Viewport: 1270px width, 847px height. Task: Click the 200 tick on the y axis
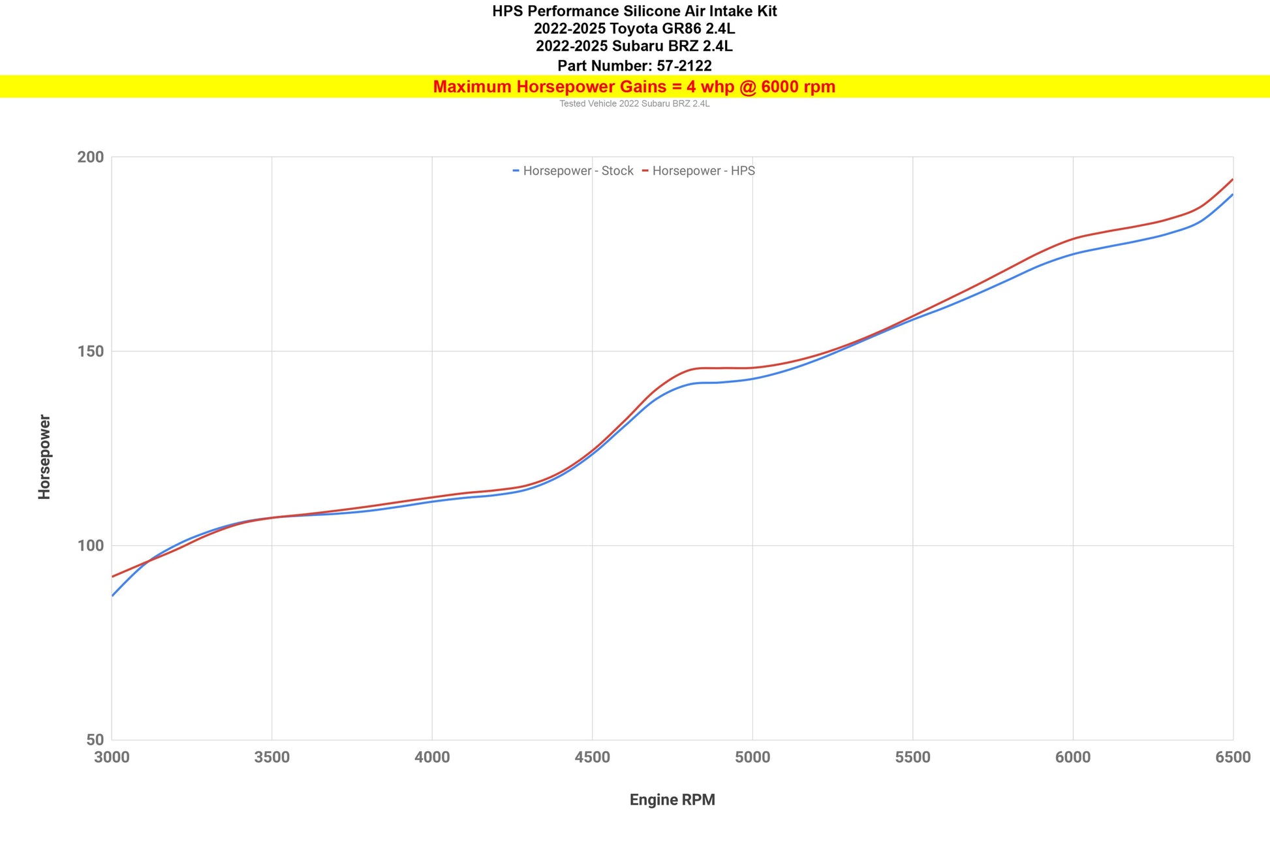[x=90, y=157]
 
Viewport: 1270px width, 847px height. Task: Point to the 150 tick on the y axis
[x=90, y=351]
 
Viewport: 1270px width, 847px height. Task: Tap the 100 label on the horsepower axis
[x=90, y=546]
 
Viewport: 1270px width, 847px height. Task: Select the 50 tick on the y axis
[x=95, y=740]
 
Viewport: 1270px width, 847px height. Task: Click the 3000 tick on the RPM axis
[x=112, y=758]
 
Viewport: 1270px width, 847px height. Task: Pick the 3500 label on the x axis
[x=271, y=758]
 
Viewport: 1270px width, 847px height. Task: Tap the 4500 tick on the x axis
[x=592, y=758]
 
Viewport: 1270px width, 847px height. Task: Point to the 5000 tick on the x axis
[x=752, y=758]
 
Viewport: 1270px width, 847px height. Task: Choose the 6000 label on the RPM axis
[x=1073, y=758]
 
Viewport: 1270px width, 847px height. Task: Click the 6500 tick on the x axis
[x=1233, y=758]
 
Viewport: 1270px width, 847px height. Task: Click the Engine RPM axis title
[x=672, y=800]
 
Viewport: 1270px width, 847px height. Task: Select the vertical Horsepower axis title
[x=44, y=456]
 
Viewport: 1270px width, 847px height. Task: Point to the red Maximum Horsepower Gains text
[x=634, y=87]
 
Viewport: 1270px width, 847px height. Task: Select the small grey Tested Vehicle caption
[x=634, y=104]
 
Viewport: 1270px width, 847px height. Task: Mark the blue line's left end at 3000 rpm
[x=113, y=595]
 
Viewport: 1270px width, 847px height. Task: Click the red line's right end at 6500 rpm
[x=1232, y=180]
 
